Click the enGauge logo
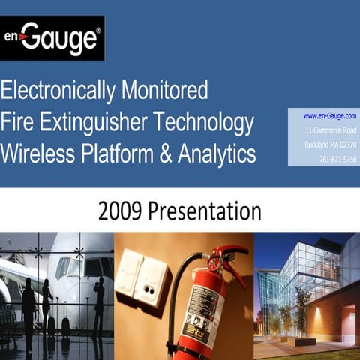pyautogui.click(x=52, y=38)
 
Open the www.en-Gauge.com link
pyautogui.click(x=329, y=116)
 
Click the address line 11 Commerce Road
pyautogui.click(x=331, y=130)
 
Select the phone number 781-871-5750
pyautogui.click(x=337, y=159)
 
